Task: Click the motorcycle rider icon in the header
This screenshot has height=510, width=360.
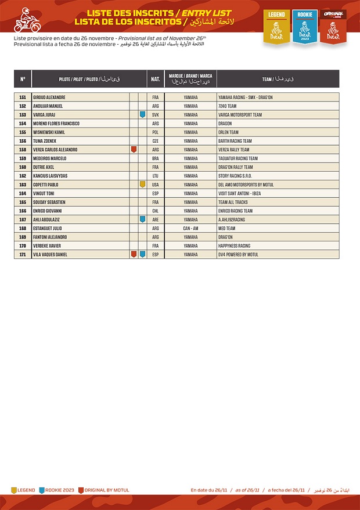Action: (25, 21)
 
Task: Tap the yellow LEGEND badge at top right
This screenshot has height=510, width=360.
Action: (276, 26)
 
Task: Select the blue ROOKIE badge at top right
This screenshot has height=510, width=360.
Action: (305, 26)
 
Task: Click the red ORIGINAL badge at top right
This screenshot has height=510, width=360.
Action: (333, 26)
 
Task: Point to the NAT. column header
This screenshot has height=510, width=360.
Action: (156, 78)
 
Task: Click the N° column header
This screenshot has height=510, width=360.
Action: (23, 78)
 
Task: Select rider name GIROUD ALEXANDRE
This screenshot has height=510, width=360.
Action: (49, 97)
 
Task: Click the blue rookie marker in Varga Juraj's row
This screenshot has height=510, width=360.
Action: (142, 115)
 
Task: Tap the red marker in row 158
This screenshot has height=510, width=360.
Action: (134, 150)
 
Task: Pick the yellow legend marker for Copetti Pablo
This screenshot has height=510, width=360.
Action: (142, 185)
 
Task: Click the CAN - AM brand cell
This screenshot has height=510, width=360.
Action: (190, 228)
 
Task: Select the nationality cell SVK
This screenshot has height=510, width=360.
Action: (156, 115)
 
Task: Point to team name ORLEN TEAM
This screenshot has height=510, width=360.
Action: (228, 132)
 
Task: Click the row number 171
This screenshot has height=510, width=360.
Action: (23, 254)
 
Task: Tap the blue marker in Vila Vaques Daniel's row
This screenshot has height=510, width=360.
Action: (142, 254)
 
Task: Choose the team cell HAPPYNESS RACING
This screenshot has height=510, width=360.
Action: (235, 245)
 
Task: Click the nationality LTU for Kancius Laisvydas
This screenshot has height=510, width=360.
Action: (156, 176)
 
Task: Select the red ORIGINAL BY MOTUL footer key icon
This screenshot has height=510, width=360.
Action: (81, 490)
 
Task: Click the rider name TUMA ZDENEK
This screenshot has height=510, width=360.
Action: (45, 141)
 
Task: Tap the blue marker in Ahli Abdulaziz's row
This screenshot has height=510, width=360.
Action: (142, 219)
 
